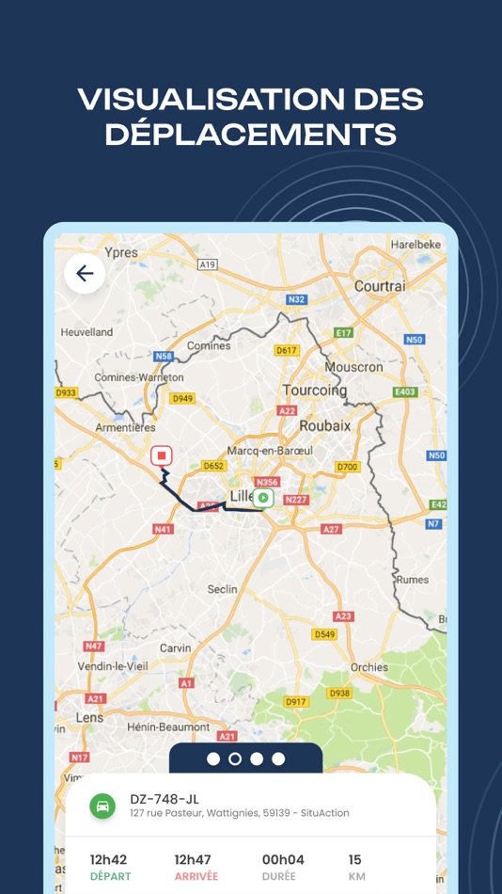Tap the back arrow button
85,274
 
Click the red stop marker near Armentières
162,455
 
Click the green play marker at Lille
263,498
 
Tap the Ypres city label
121,252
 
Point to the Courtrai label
379,285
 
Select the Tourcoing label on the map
315,390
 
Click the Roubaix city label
324,425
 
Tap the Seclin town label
222,589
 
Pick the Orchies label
369,667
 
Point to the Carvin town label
175,648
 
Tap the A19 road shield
208,265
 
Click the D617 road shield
286,350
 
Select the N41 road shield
163,529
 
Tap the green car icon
102,806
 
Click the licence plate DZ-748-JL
165,799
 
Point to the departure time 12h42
108,859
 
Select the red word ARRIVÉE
196,877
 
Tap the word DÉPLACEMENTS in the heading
250,134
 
